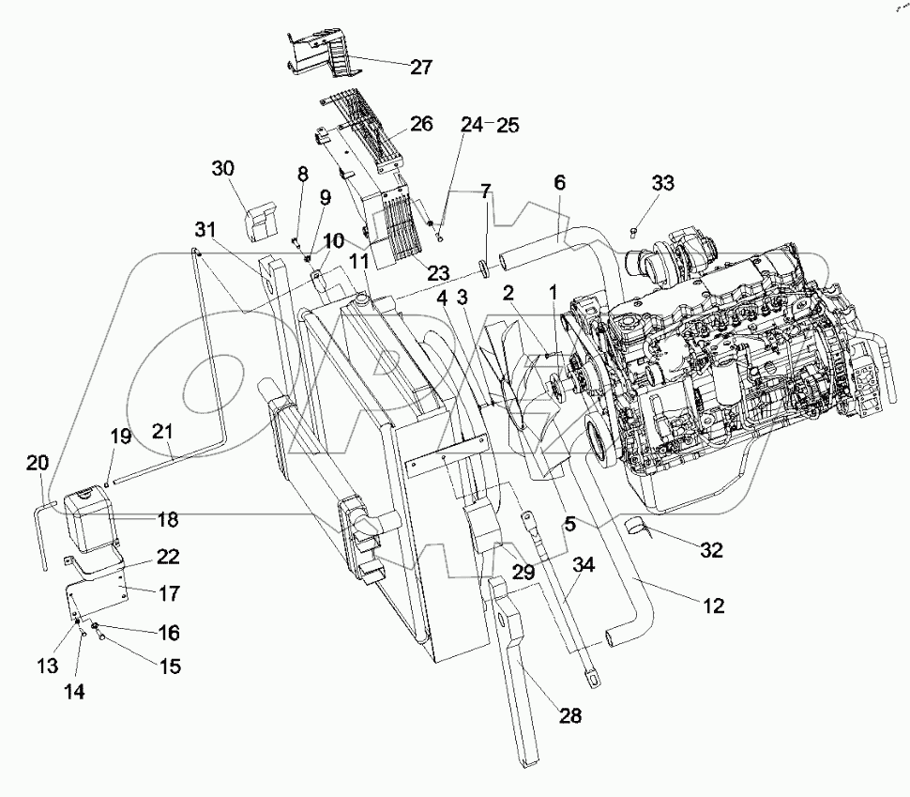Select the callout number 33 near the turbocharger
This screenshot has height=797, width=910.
pyautogui.click(x=662, y=183)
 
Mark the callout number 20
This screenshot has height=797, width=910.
pyautogui.click(x=37, y=462)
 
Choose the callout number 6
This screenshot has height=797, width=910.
pyautogui.click(x=559, y=184)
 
